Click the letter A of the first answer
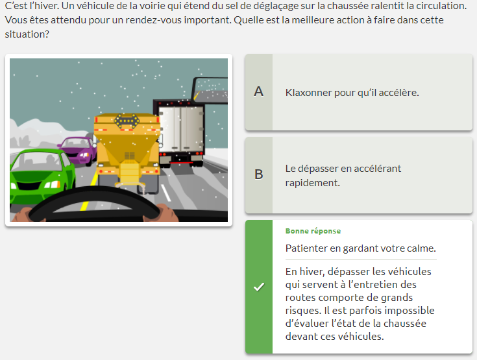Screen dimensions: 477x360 coord(258,91)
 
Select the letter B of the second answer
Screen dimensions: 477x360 coord(258,174)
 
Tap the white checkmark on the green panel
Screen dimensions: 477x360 coord(259,287)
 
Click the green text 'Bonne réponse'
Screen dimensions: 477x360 coord(313,231)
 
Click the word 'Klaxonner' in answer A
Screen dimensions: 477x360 coord(308,93)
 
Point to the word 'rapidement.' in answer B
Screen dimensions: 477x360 coord(312,183)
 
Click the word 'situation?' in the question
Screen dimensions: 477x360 coord(27,34)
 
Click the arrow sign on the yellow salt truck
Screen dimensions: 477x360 coord(127,121)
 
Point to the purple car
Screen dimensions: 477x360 coord(78,150)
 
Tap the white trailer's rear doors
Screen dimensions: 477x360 coord(181,129)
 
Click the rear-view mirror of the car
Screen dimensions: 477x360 coord(210,90)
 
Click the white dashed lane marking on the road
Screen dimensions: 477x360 coord(165,193)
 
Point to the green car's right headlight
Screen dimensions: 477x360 coord(53,185)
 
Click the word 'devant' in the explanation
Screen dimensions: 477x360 coord(300,337)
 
